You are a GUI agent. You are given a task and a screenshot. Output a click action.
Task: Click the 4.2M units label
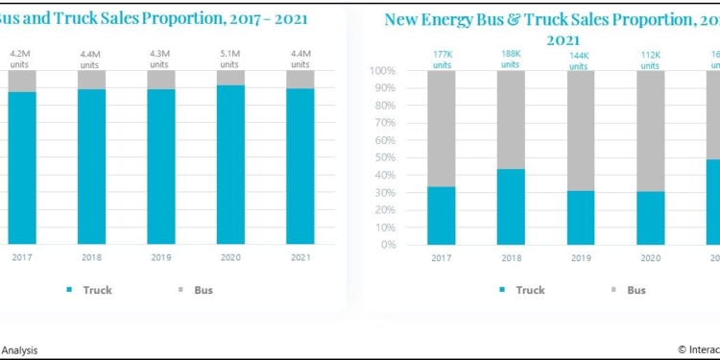click(x=21, y=60)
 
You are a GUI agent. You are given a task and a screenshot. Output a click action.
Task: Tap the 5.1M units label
click(x=230, y=60)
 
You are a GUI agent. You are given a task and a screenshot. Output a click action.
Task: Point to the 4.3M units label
click(x=161, y=60)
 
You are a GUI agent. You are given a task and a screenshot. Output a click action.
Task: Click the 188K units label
click(x=511, y=60)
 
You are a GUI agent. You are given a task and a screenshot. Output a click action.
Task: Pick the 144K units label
click(x=579, y=60)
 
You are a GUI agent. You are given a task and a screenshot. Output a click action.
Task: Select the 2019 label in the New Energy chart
click(x=579, y=257)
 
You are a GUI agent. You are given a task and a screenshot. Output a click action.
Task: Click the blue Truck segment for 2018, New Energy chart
click(x=511, y=206)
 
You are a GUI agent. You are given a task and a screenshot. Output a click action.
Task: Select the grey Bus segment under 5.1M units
click(x=230, y=77)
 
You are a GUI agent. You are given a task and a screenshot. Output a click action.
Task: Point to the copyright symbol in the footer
click(x=682, y=350)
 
